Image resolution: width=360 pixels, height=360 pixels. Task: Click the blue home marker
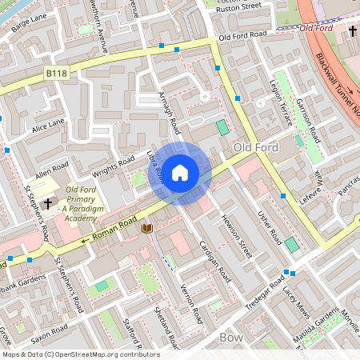(x=180, y=172)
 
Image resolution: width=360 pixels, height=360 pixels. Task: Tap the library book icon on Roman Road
(x=146, y=229)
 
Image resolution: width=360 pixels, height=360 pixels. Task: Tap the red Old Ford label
(x=318, y=28)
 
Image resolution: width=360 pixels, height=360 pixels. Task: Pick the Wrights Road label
(x=111, y=169)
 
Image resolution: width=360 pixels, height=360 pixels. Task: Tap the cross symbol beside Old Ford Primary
(x=48, y=204)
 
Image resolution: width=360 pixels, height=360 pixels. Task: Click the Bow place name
(x=230, y=338)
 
